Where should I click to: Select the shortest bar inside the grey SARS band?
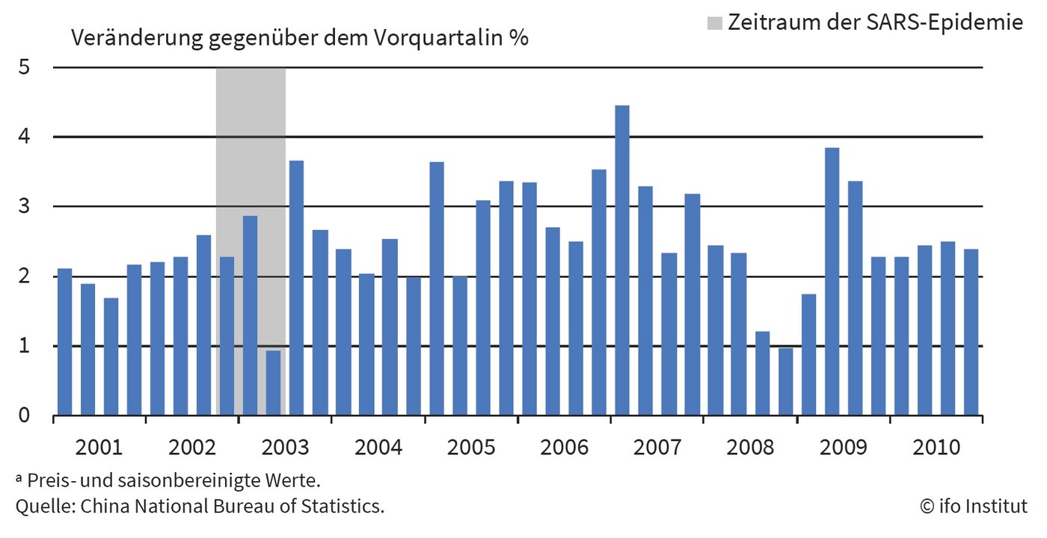(x=274, y=383)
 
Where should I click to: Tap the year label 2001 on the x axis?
(x=99, y=448)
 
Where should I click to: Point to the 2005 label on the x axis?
(x=471, y=448)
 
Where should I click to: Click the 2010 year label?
(x=936, y=448)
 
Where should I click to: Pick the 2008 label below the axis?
(x=750, y=448)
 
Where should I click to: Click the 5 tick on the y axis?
(x=25, y=67)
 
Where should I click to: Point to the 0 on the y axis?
(x=25, y=415)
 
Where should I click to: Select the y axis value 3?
(x=25, y=207)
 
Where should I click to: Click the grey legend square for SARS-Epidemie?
(x=715, y=23)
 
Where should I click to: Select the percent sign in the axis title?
(x=519, y=37)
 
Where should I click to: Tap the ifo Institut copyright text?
(x=973, y=506)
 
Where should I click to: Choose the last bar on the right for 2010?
(x=971, y=332)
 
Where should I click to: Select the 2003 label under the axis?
(x=285, y=448)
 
